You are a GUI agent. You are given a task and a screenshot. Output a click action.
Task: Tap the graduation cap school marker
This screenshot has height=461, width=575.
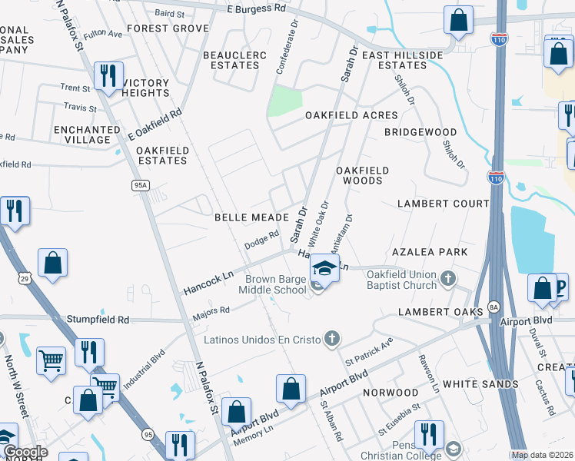(x=324, y=270)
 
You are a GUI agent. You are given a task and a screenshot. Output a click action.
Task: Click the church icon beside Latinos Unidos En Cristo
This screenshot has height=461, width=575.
(x=332, y=338)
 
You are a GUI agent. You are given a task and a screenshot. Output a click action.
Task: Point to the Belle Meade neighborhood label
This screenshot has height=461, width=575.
(x=251, y=218)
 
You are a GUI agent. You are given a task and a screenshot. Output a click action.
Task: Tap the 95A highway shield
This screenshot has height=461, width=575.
(x=140, y=185)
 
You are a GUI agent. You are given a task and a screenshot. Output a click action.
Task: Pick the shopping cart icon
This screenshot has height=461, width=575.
(x=51, y=359)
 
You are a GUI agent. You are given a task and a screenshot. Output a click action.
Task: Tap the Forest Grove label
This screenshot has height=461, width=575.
(x=168, y=28)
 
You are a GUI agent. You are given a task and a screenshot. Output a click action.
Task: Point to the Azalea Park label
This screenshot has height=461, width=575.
(x=440, y=252)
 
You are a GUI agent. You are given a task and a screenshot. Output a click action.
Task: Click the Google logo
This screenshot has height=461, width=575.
(x=25, y=452)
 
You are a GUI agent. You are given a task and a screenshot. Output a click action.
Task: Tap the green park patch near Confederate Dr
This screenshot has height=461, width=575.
(x=284, y=101)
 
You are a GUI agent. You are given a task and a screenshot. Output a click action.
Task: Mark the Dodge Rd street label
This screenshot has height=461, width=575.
(x=261, y=240)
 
